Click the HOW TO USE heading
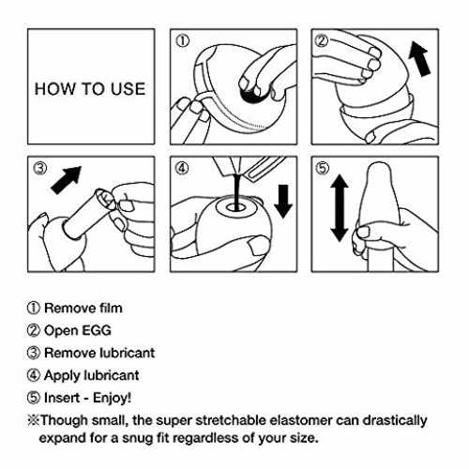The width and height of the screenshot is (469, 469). [90, 89]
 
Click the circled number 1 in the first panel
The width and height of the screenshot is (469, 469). [182, 41]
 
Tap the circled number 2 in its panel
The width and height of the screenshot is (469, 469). [322, 41]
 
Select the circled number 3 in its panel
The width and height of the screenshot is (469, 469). [39, 168]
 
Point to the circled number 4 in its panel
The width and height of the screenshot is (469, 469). [182, 168]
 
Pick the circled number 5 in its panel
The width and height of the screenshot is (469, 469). [323, 168]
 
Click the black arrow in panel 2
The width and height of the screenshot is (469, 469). [420, 59]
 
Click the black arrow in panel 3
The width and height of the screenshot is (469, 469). [67, 180]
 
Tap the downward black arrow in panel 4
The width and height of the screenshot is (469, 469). [283, 201]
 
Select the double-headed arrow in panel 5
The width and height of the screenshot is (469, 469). [340, 208]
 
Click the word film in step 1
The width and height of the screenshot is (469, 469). [111, 309]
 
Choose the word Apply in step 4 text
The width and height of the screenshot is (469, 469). [62, 376]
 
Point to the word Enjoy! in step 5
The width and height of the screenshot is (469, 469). [112, 399]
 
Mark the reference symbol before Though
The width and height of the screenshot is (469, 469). [33, 420]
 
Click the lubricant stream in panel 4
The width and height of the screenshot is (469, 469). [236, 192]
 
